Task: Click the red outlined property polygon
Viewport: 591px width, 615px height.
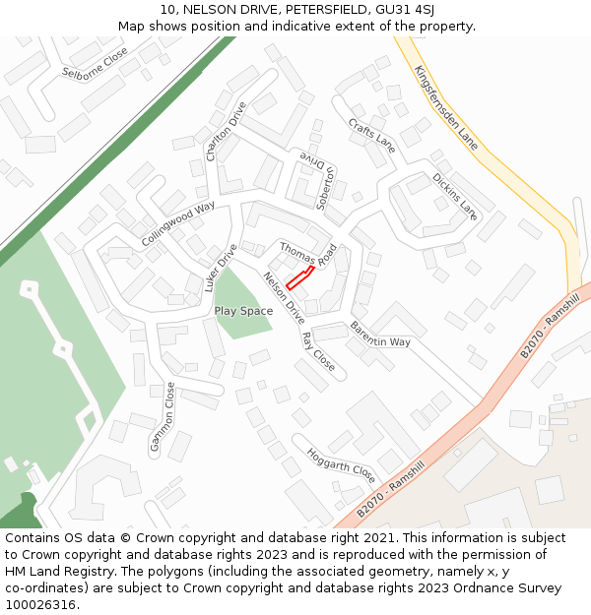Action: click(x=300, y=277)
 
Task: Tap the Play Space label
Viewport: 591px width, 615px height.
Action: click(x=243, y=311)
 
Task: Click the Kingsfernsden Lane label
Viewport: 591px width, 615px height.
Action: click(x=445, y=108)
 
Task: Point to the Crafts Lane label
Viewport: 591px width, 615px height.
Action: click(x=372, y=135)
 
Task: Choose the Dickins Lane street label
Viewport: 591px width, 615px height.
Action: click(x=454, y=195)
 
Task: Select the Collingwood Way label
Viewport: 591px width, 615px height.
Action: click(x=177, y=224)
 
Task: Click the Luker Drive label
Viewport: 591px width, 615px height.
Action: click(x=221, y=269)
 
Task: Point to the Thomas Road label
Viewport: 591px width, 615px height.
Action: click(x=308, y=254)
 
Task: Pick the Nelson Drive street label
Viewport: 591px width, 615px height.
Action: click(x=284, y=299)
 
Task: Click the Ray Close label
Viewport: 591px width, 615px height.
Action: click(x=318, y=352)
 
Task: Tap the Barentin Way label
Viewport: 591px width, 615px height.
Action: click(x=379, y=335)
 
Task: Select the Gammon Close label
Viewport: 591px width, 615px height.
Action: click(x=163, y=417)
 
